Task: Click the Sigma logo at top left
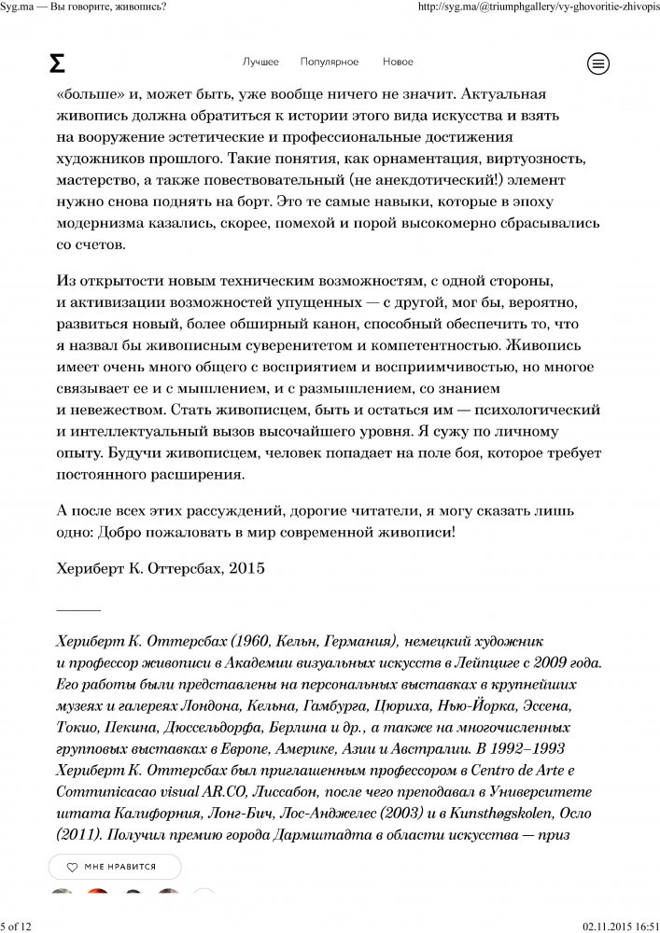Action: point(57,63)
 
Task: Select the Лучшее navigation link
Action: point(260,63)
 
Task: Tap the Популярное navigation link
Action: point(330,63)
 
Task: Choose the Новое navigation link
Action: point(398,63)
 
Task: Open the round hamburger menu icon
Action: point(598,63)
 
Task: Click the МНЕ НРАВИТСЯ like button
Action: point(114,867)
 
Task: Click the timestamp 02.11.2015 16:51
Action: point(621,925)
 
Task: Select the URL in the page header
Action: point(541,7)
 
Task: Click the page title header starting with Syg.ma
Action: point(84,7)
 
